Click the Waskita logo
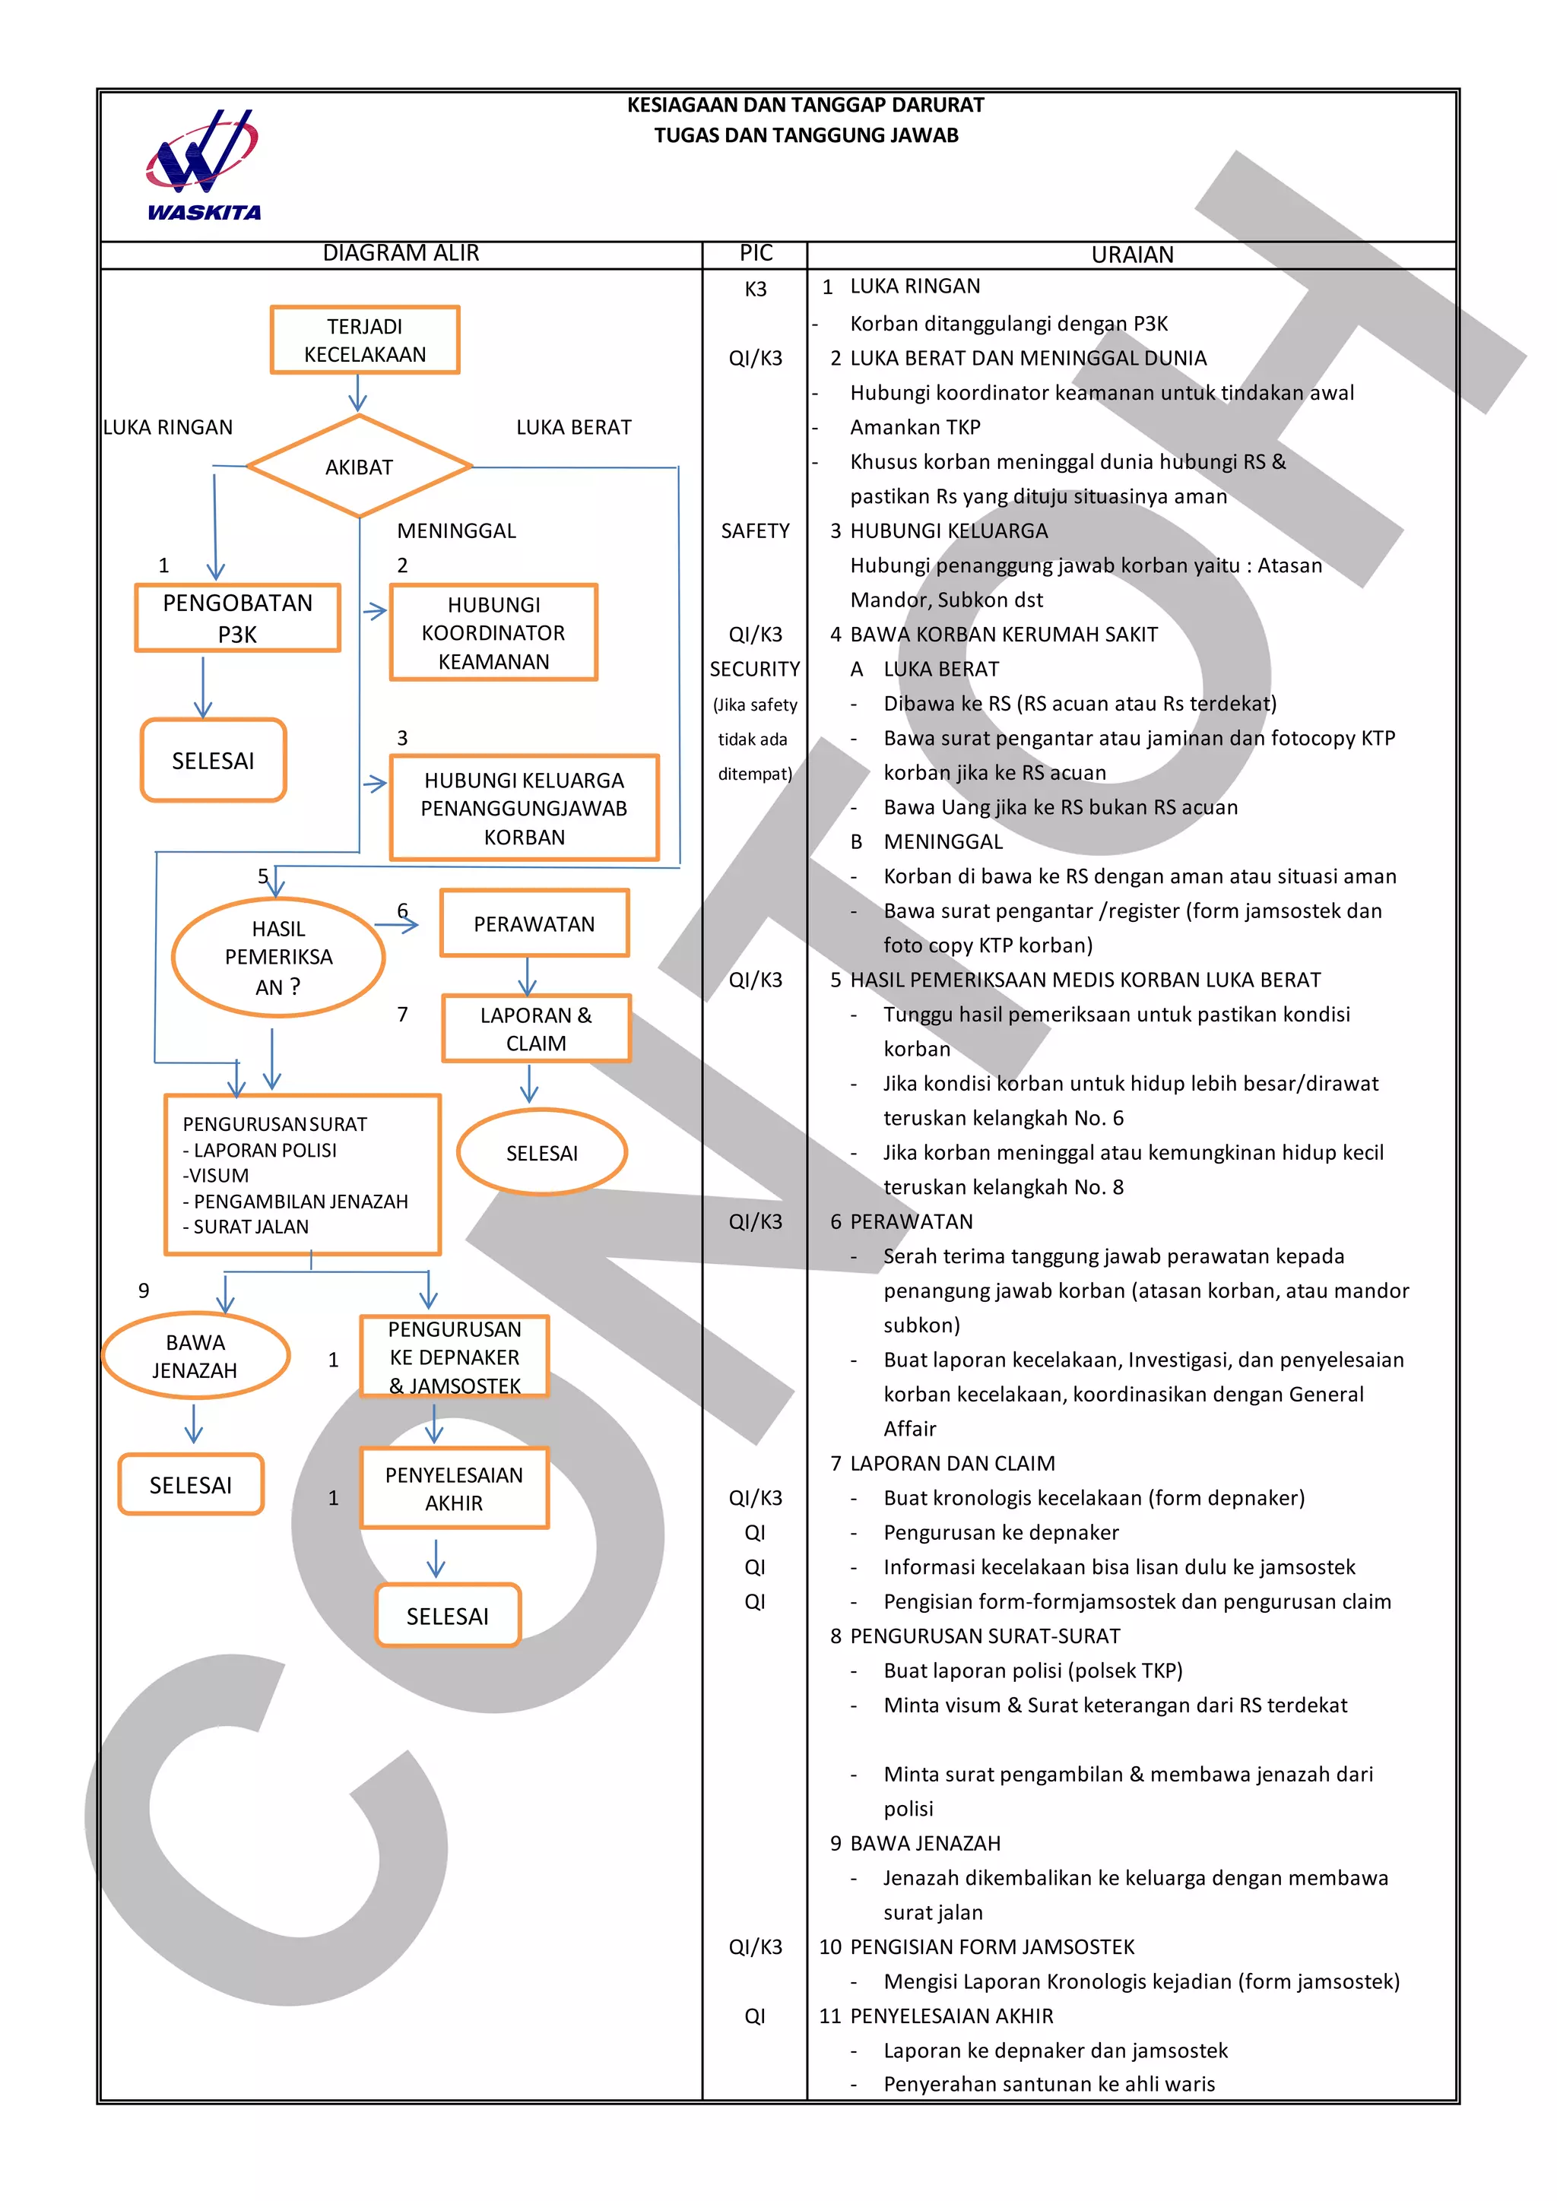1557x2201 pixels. (x=202, y=166)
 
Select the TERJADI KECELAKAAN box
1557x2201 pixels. (x=364, y=340)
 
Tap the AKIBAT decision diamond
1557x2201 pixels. (x=360, y=467)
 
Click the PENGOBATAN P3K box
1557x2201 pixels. (x=238, y=619)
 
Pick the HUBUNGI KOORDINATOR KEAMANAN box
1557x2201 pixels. (x=493, y=632)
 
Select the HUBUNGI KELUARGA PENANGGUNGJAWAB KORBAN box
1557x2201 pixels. (x=525, y=808)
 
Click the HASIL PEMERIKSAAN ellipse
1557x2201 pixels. (x=278, y=957)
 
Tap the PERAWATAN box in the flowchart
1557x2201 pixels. (x=534, y=924)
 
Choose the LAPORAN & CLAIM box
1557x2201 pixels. (x=536, y=1028)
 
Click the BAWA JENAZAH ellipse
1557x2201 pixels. (x=195, y=1356)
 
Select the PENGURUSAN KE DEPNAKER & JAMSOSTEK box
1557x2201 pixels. (x=455, y=1357)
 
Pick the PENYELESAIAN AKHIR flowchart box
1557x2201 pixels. (x=455, y=1488)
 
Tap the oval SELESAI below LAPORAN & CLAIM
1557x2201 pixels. (x=542, y=1152)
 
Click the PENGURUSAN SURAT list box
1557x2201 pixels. (x=302, y=1174)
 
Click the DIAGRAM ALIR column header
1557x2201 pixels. (x=401, y=253)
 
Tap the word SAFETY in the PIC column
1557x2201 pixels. (x=756, y=531)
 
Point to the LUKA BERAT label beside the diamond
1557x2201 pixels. (x=573, y=428)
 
